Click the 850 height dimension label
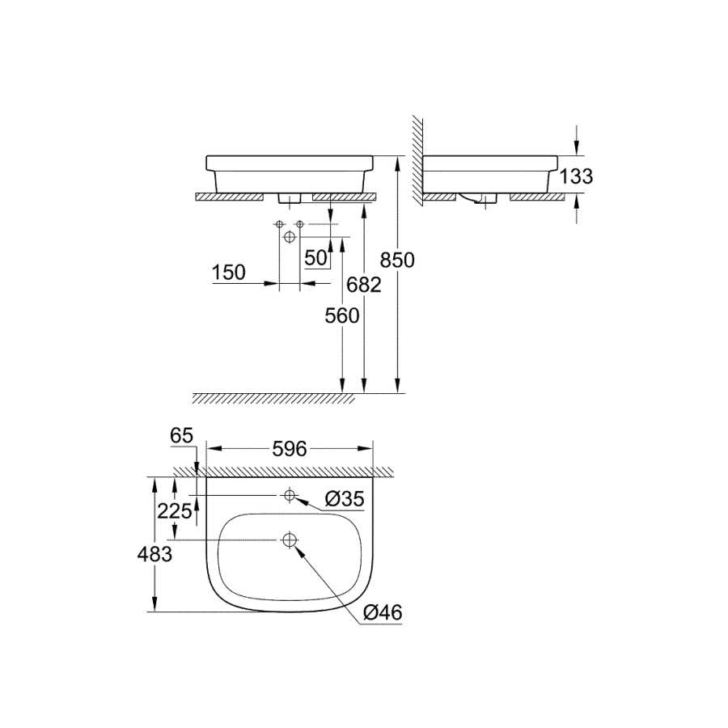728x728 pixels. (397, 260)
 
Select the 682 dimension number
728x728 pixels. (364, 285)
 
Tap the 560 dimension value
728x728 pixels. (341, 315)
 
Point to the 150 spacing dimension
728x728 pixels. (228, 272)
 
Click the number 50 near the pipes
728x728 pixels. (316, 258)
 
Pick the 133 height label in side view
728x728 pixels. (576, 176)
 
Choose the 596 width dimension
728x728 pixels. (290, 449)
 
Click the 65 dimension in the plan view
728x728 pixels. (181, 435)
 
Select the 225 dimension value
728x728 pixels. (175, 511)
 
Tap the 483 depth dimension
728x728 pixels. (154, 554)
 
